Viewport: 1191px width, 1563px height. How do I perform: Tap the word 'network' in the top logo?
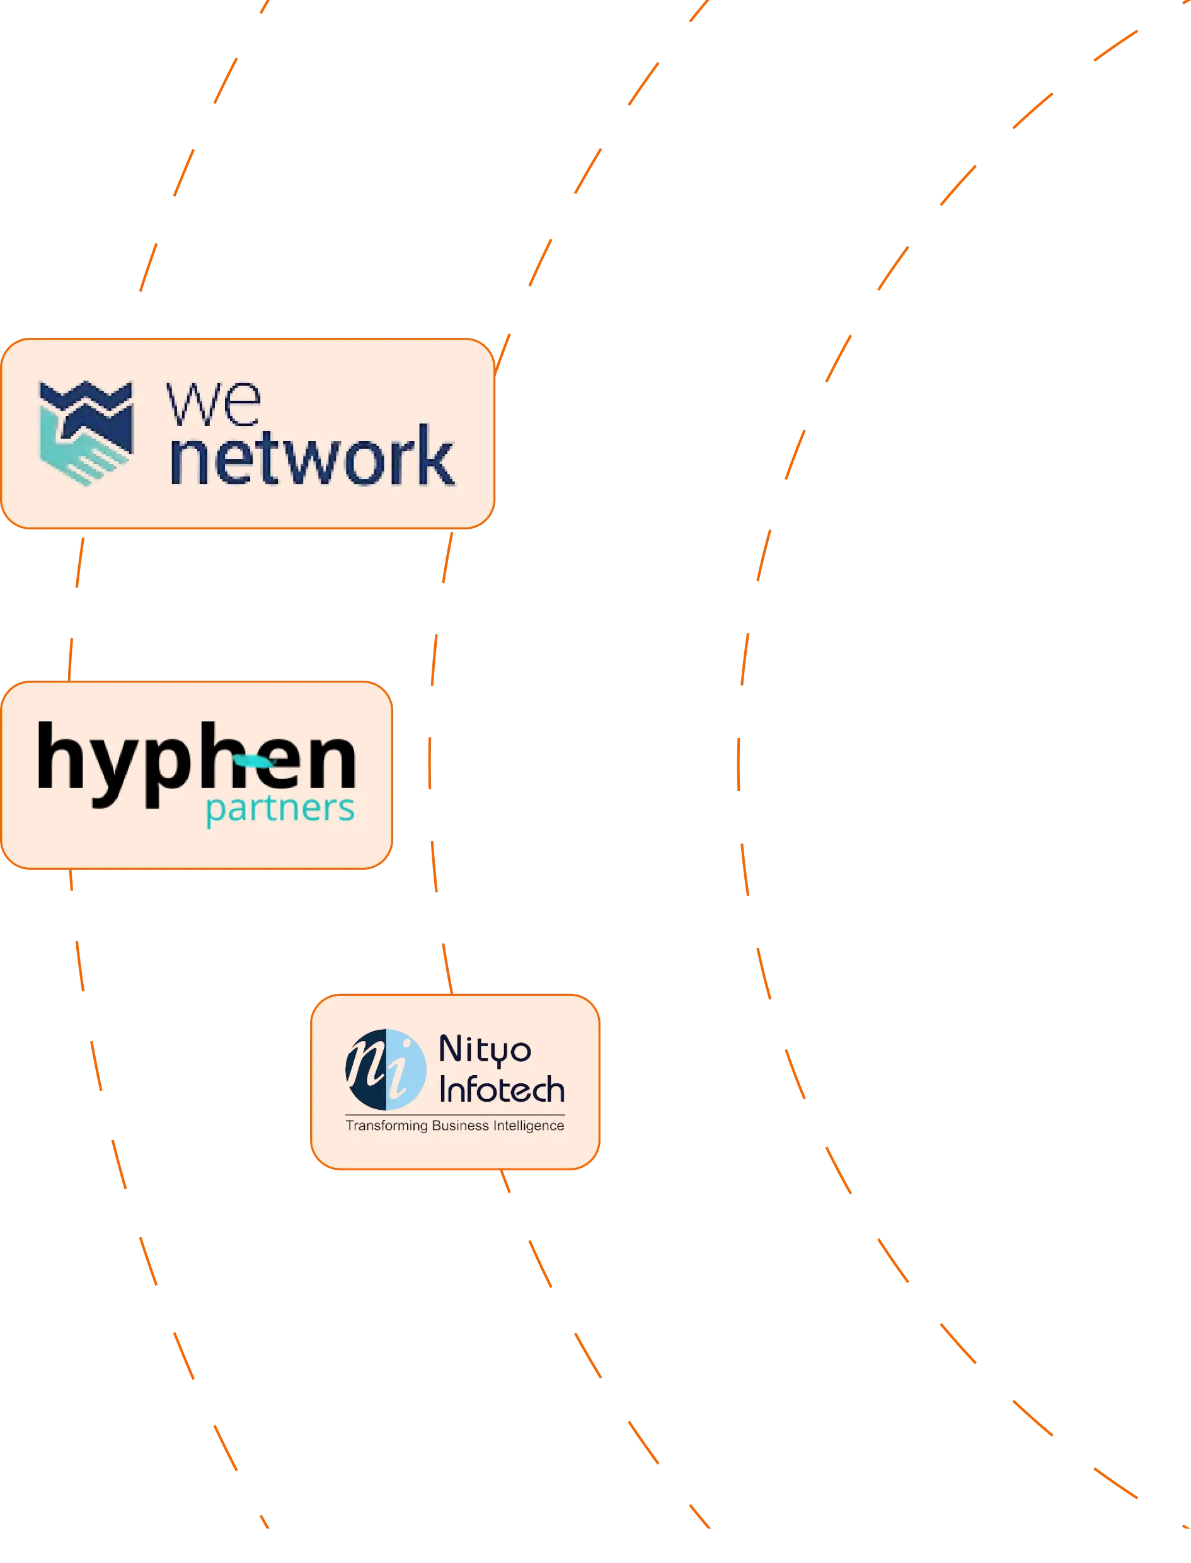coord(312,456)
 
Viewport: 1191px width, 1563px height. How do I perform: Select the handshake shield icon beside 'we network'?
coord(86,432)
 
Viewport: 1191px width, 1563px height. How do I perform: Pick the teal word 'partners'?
coord(280,809)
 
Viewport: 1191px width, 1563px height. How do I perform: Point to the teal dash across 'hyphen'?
coord(254,762)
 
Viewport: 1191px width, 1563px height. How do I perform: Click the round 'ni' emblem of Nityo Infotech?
coord(386,1070)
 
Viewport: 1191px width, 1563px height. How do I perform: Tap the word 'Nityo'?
coord(485,1050)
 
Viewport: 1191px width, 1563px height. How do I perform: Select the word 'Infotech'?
coord(502,1090)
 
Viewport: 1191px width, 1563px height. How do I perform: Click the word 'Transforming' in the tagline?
coord(386,1126)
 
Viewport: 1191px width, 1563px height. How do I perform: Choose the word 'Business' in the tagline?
coord(460,1126)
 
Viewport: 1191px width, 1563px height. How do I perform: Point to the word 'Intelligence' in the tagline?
coord(528,1126)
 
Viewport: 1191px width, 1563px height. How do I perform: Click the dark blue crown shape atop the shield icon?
coord(86,400)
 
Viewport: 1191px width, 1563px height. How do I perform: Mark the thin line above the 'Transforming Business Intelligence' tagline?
coord(454,1114)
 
